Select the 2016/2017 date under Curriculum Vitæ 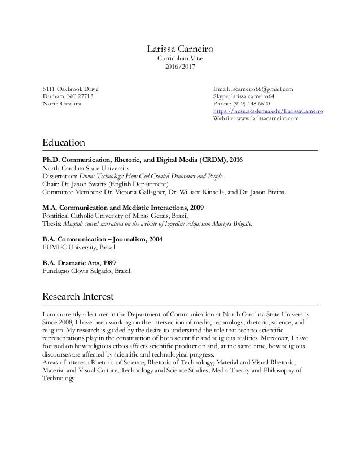(x=179, y=67)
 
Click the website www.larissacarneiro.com (x=269, y=120)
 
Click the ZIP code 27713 (x=84, y=96)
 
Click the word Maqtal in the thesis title (x=74, y=223)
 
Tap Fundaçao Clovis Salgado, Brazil (x=88, y=270)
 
